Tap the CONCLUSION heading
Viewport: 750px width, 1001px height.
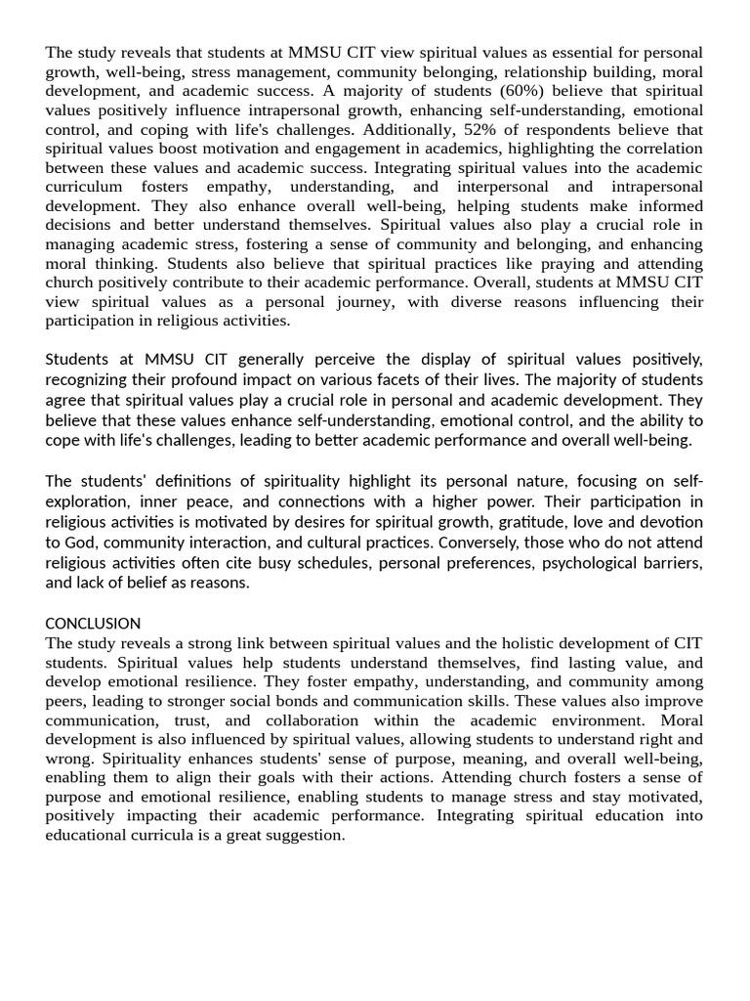coord(93,623)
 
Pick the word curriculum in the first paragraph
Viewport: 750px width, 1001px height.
coord(84,187)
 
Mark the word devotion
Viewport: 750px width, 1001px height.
coord(668,522)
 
